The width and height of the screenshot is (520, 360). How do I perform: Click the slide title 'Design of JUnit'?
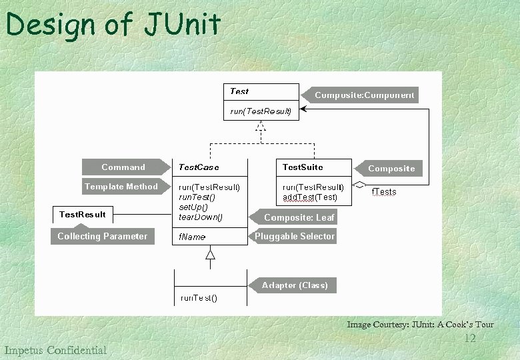click(113, 25)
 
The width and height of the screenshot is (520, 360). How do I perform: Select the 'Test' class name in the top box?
click(239, 91)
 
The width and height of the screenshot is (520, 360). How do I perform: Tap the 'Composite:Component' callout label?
click(364, 95)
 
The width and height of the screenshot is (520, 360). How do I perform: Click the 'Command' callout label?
click(123, 167)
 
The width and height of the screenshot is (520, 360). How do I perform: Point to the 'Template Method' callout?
click(121, 187)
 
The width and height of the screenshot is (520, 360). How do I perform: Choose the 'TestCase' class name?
click(199, 167)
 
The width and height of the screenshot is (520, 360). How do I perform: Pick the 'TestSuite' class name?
click(302, 167)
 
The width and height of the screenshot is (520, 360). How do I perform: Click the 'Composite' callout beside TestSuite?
click(391, 169)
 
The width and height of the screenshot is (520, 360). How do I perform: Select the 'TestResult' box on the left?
click(82, 214)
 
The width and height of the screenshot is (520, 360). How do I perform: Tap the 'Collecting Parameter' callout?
click(103, 236)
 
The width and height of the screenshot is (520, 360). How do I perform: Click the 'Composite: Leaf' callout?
click(299, 217)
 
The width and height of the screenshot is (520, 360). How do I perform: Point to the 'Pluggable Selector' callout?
click(295, 236)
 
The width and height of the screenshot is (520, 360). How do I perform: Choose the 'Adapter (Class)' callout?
click(295, 285)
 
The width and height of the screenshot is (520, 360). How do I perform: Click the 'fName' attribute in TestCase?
click(192, 237)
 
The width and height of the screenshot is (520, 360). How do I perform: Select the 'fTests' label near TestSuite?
click(383, 192)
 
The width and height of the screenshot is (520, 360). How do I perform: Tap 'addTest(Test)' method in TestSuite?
click(309, 197)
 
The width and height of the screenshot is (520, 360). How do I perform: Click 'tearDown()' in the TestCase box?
click(201, 217)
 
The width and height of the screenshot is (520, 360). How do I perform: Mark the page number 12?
click(469, 339)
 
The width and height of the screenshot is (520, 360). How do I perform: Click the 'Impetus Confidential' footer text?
click(55, 350)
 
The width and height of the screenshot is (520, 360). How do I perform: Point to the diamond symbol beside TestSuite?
click(360, 184)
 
